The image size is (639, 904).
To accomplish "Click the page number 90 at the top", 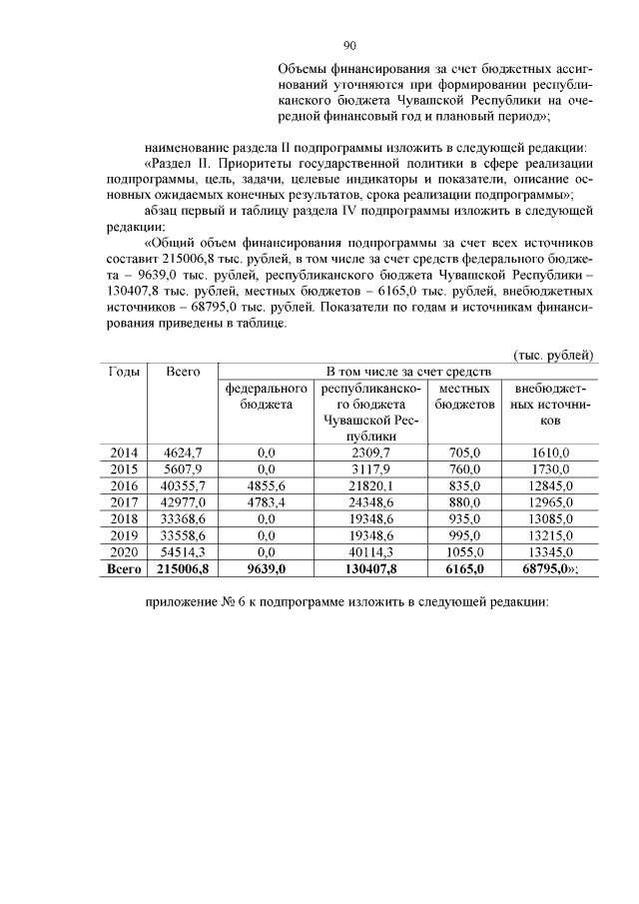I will pyautogui.click(x=349, y=45).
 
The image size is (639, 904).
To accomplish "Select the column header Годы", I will pyautogui.click(x=123, y=372).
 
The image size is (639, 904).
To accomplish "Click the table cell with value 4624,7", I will pyautogui.click(x=184, y=452).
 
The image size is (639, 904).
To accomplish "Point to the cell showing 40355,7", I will pyautogui.click(x=184, y=485).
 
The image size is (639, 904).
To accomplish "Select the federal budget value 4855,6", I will pyautogui.click(x=266, y=485).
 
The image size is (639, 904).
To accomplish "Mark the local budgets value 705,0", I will pyautogui.click(x=464, y=452).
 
